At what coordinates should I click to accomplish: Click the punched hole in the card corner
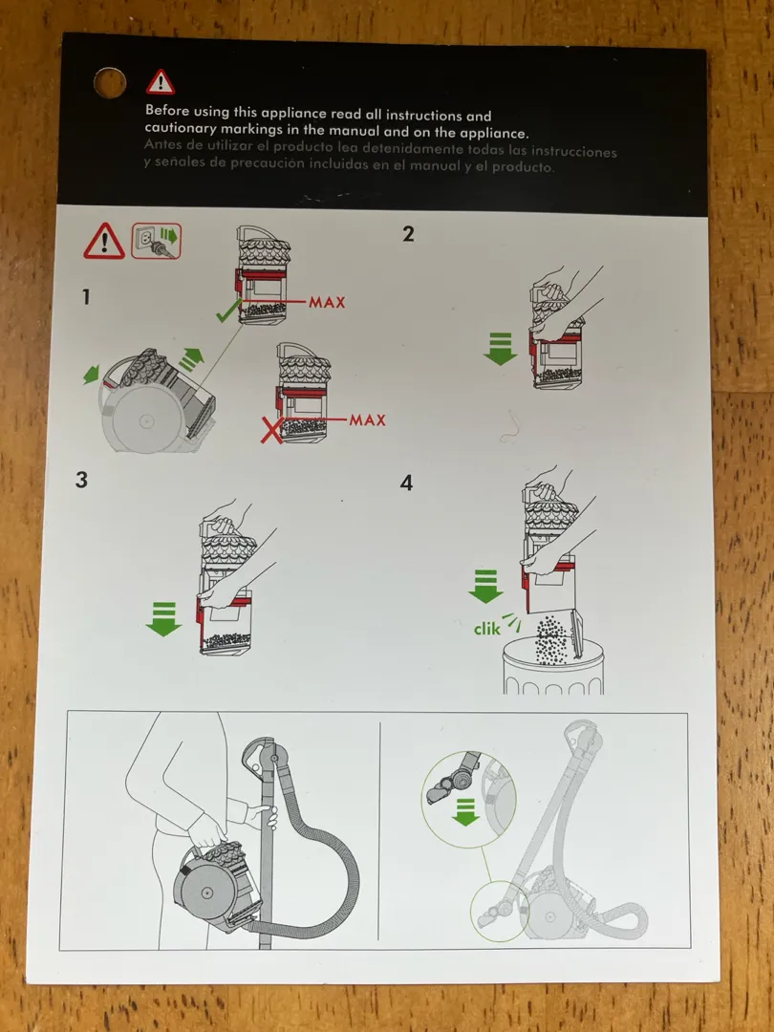[110, 81]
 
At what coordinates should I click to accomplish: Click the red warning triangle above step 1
[103, 241]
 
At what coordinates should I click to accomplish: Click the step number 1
[86, 297]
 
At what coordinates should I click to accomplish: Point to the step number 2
[408, 233]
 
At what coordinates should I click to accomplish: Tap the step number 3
[81, 480]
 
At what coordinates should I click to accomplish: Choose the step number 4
[406, 483]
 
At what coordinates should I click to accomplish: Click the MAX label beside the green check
[327, 302]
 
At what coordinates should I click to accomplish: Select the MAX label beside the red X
[367, 419]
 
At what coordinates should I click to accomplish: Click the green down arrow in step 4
[485, 584]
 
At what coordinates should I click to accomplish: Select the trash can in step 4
[553, 669]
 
